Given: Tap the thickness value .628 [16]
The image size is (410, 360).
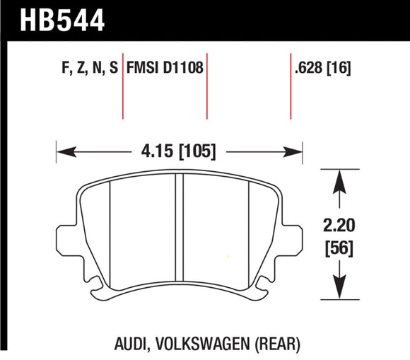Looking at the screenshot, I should click(x=322, y=69).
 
